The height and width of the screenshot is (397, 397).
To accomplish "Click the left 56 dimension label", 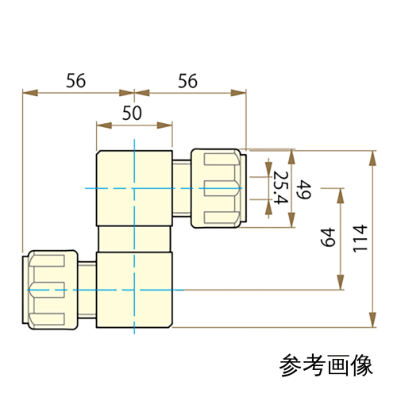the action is pyautogui.click(x=75, y=80).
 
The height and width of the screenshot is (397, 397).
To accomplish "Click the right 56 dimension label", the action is pyautogui.click(x=187, y=81).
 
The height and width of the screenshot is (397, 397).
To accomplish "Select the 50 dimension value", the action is pyautogui.click(x=132, y=113).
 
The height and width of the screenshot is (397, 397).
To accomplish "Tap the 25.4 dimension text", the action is pyautogui.click(x=280, y=187).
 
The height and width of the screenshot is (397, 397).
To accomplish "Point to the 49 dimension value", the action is pyautogui.click(x=303, y=190).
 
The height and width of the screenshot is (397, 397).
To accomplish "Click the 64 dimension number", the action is pyautogui.click(x=328, y=237).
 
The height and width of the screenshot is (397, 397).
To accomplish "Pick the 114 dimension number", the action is pyautogui.click(x=360, y=238).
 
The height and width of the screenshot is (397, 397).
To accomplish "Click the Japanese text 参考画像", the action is pyautogui.click(x=326, y=365).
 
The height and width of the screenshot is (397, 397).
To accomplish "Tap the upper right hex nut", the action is pyautogui.click(x=218, y=188).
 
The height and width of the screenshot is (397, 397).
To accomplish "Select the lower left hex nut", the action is pyautogui.click(x=50, y=290).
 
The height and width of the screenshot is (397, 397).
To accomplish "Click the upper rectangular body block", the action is pyautogui.click(x=134, y=188).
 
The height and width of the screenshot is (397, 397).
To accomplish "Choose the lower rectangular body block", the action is pyautogui.click(x=134, y=290).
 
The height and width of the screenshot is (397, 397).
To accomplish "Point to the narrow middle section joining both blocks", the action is pyautogui.click(x=134, y=239).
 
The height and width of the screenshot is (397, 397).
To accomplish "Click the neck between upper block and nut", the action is pyautogui.click(x=182, y=188).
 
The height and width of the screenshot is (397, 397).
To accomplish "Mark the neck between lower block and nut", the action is pyautogui.click(x=87, y=290).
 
